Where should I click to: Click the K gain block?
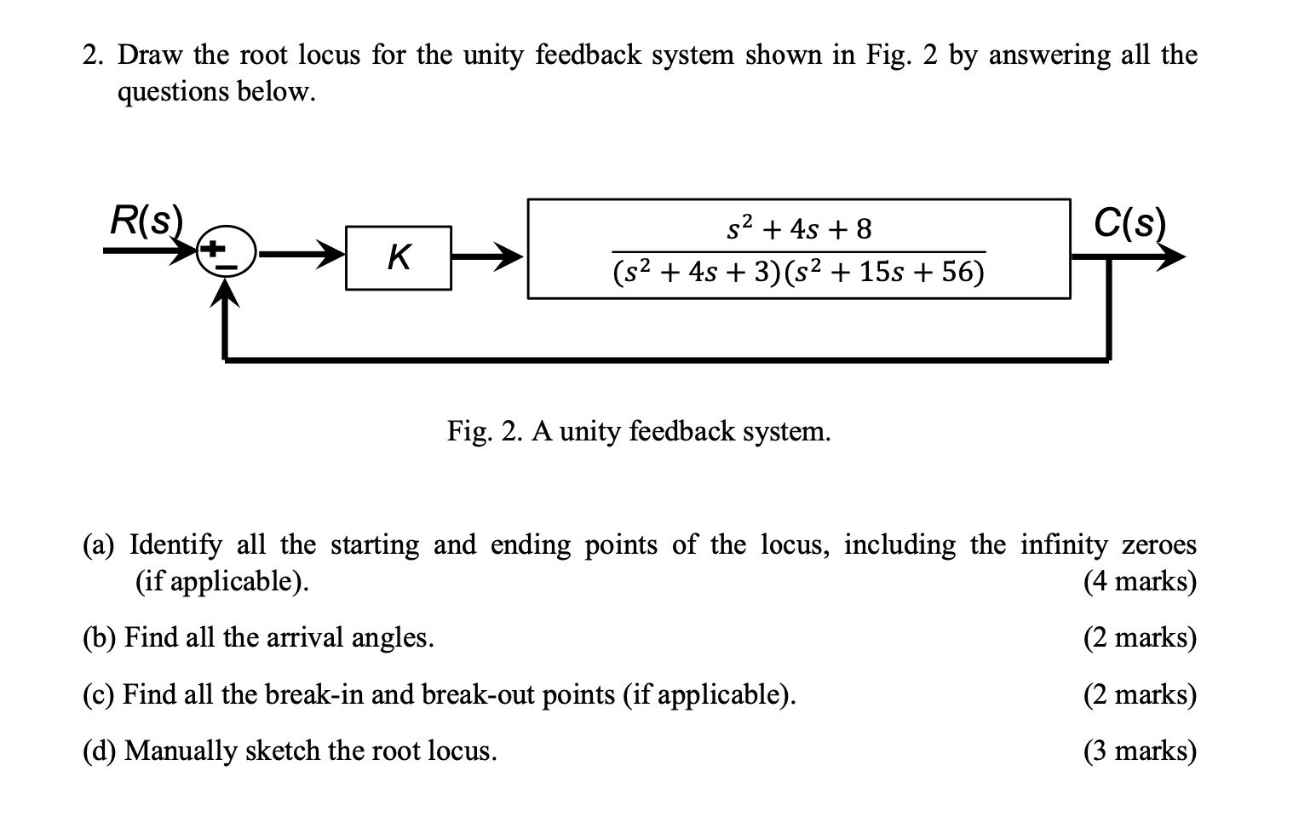[398, 257]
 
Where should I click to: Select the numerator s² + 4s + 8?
[799, 228]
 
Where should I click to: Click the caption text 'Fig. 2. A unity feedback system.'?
[639, 432]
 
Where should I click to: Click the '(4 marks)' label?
[1140, 582]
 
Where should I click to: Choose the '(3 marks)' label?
[1140, 751]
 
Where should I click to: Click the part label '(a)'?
[102, 544]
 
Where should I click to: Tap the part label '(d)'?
[102, 751]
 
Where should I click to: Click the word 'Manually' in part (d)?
[181, 751]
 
